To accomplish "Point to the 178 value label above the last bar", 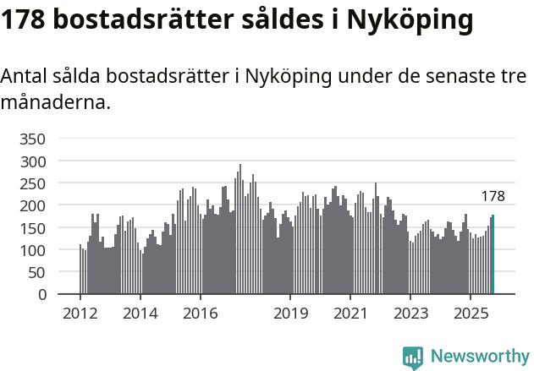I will click(493, 196).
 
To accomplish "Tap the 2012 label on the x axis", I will click(80, 314).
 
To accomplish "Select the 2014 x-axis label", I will click(140, 314).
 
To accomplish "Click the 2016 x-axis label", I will click(200, 314).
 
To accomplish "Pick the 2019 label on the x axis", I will click(290, 314).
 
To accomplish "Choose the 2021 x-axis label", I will click(350, 314).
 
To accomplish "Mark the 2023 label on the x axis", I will click(410, 314).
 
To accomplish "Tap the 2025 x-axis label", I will click(470, 314).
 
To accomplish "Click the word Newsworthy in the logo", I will click(480, 357).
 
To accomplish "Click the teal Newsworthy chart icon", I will click(413, 357).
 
